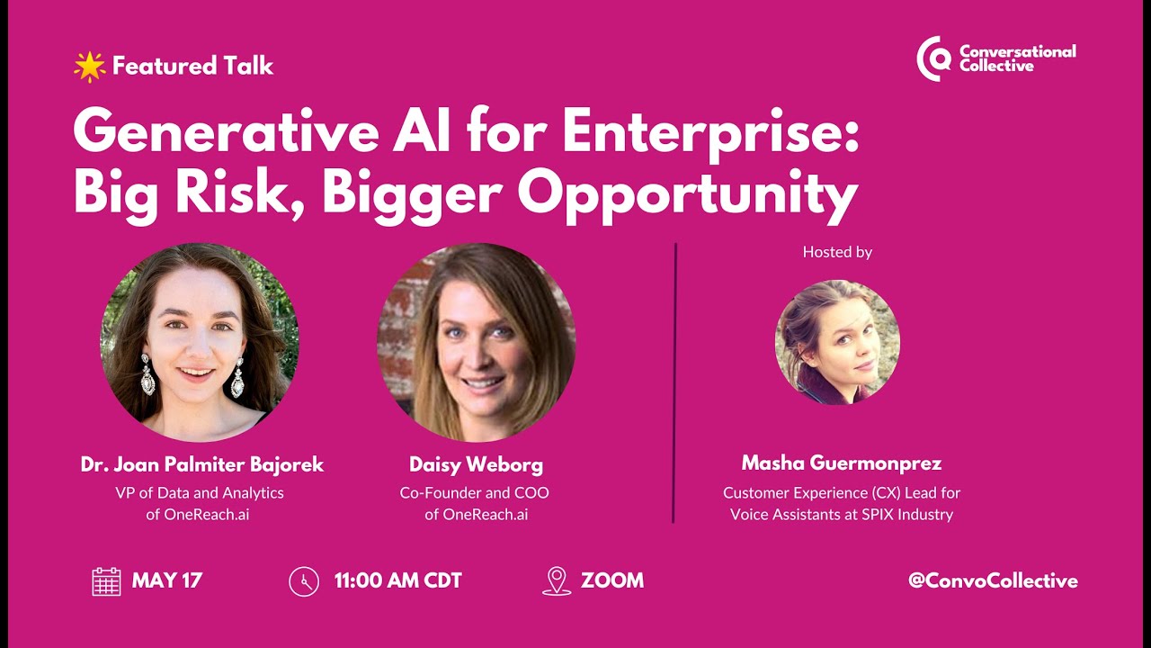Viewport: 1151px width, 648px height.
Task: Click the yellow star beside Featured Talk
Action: [x=89, y=67]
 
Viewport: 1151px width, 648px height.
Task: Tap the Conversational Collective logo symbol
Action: [x=933, y=59]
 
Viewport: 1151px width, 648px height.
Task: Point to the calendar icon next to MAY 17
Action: [x=106, y=581]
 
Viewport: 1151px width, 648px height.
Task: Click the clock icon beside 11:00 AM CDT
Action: [x=304, y=581]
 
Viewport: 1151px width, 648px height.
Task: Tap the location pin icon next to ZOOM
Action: [x=557, y=581]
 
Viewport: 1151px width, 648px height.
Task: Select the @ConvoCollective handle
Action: [x=993, y=581]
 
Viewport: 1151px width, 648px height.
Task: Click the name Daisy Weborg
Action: [x=476, y=465]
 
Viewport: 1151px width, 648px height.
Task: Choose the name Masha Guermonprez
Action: [x=841, y=463]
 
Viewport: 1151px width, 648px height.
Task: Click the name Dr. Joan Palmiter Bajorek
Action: [x=202, y=465]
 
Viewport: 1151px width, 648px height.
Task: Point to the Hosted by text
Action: [x=837, y=252]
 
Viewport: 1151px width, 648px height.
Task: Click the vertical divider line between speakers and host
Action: [x=674, y=382]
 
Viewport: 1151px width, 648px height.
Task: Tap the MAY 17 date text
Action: [x=167, y=581]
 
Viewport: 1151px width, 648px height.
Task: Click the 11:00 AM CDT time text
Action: [x=397, y=581]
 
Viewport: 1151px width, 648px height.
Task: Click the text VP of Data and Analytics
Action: [x=200, y=493]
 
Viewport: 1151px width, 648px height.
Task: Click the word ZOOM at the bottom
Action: [x=612, y=581]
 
